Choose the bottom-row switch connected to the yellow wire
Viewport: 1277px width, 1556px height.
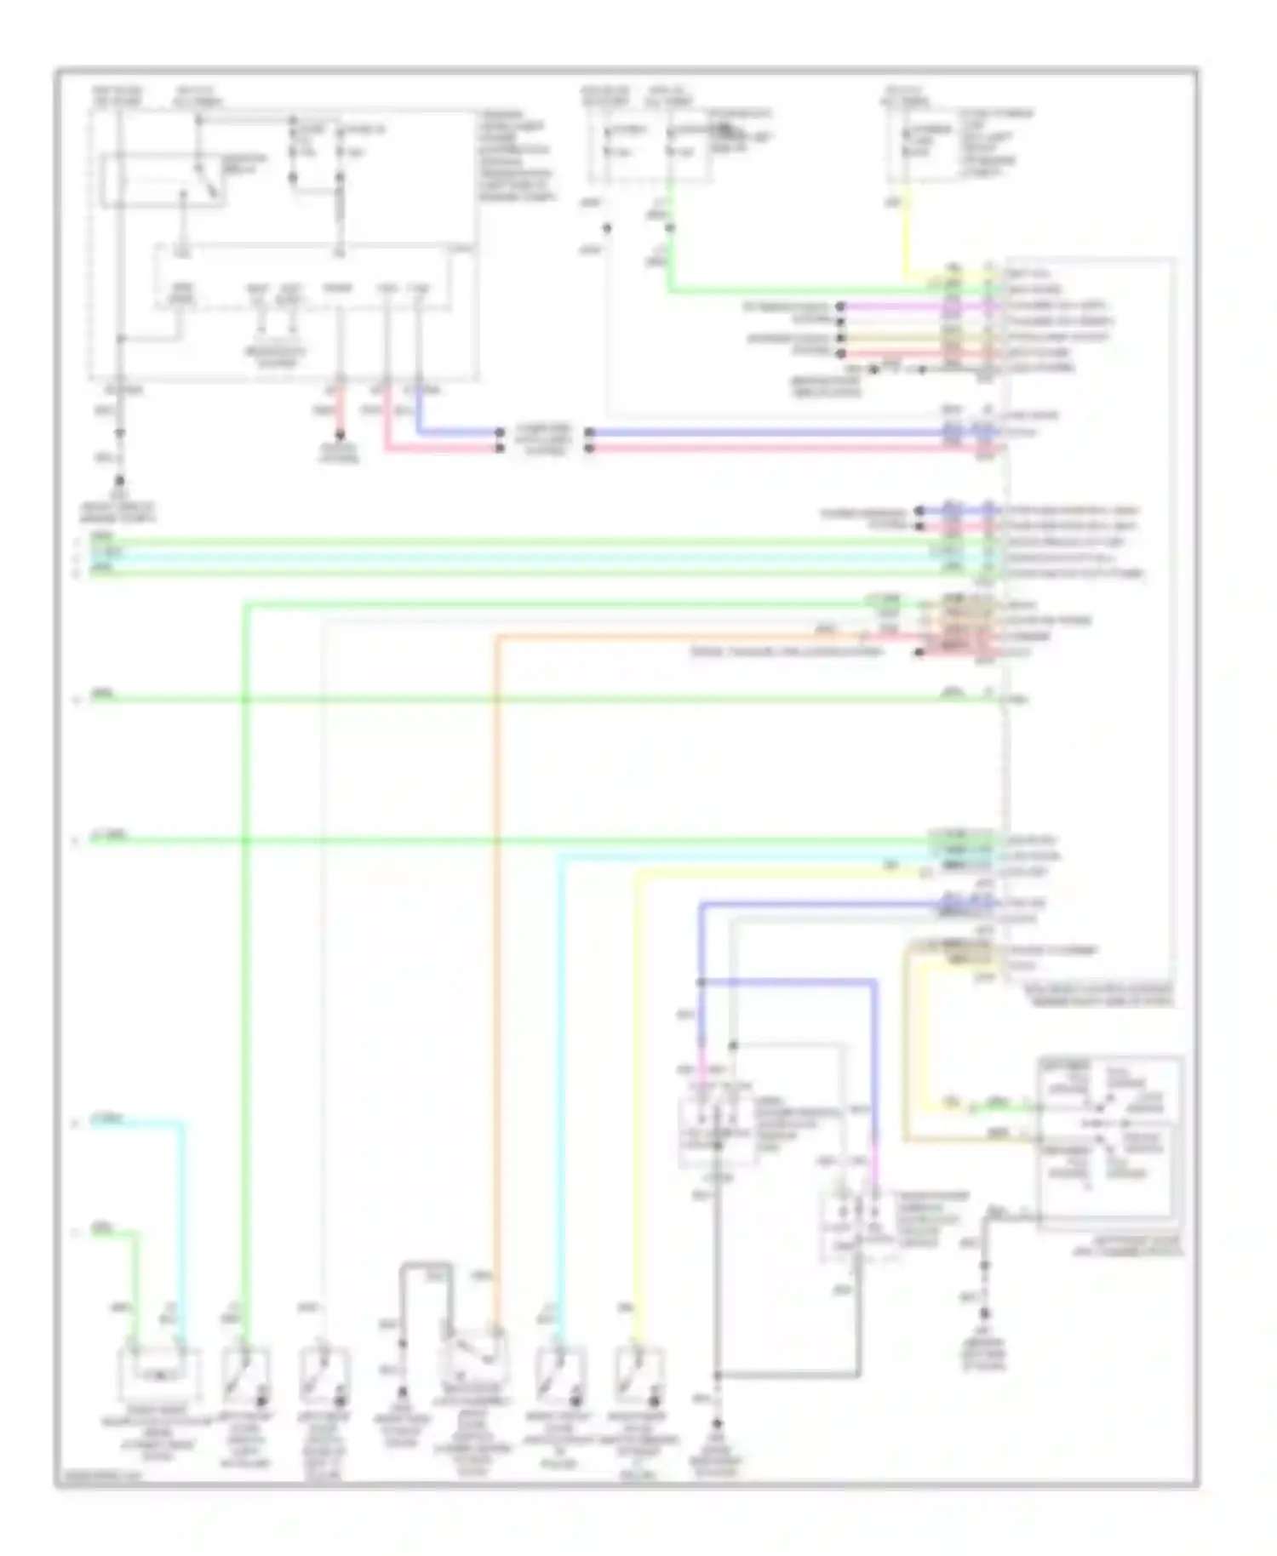pos(638,1371)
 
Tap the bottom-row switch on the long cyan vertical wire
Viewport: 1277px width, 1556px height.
pos(559,1371)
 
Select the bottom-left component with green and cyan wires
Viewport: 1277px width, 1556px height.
pos(161,1371)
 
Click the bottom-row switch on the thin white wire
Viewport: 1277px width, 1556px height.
pos(324,1371)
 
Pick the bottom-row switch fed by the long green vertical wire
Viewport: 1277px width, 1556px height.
pos(246,1371)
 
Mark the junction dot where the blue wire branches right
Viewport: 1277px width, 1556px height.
pos(702,982)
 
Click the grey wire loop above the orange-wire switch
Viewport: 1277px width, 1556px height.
pos(426,1267)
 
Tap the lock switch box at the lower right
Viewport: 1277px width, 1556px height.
pos(1109,1141)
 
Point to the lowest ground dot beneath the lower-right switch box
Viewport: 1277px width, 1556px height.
pos(986,1316)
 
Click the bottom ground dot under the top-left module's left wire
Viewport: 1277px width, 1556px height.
pos(119,481)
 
